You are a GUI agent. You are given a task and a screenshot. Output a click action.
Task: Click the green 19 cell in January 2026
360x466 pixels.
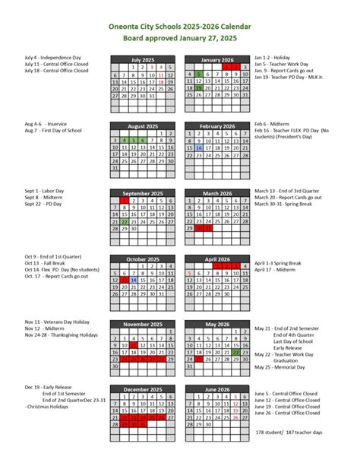(198, 90)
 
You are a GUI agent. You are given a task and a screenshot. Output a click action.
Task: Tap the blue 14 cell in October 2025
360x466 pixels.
(134, 280)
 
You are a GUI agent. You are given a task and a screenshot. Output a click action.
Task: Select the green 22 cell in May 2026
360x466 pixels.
(235, 353)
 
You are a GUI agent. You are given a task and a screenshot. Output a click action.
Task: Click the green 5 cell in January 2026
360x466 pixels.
(198, 74)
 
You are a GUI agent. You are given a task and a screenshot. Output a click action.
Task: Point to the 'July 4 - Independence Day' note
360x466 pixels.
(49, 57)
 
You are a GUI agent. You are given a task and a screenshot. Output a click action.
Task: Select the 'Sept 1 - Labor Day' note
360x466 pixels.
(42, 190)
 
